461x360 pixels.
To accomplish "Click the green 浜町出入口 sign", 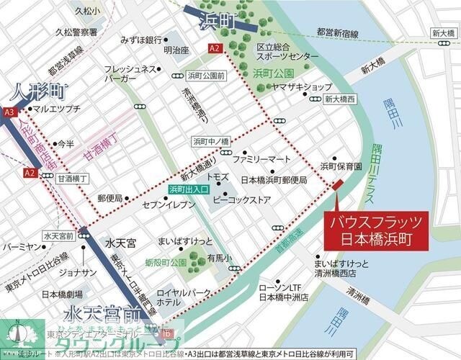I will (x=189, y=189).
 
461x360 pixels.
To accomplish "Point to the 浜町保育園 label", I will (x=341, y=166).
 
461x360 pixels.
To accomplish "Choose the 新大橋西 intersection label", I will (x=339, y=99).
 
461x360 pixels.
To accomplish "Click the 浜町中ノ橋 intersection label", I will (x=210, y=141).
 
